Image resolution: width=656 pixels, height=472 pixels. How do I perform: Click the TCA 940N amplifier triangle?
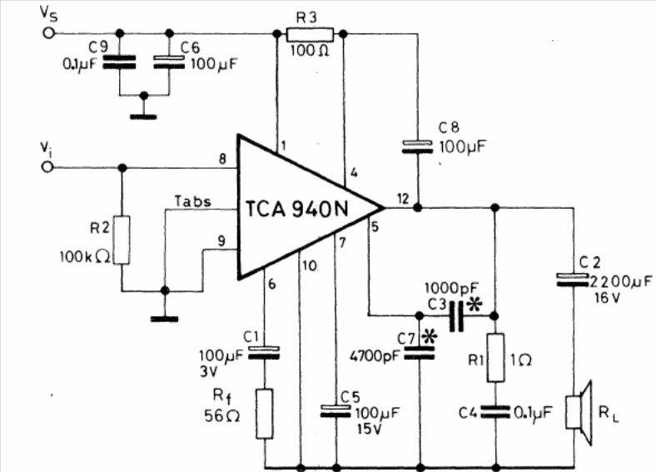(300, 207)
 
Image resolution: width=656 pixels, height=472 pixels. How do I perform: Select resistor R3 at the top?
(309, 34)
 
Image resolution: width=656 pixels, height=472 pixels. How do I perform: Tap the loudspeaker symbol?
(579, 407)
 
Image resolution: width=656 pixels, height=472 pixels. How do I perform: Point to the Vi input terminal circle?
(48, 167)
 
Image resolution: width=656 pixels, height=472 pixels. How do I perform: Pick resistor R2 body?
(122, 240)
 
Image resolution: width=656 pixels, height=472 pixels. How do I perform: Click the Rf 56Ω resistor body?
(265, 415)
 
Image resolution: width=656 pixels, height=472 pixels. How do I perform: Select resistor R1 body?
(495, 356)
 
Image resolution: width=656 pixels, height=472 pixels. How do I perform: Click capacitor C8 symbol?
(417, 147)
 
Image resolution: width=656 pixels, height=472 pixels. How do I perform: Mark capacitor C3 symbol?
(455, 316)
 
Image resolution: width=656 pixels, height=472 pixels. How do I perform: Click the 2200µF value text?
(619, 281)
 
